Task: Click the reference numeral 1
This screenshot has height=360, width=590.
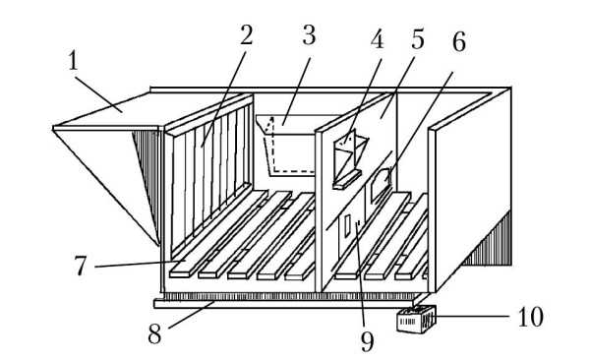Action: point(74,61)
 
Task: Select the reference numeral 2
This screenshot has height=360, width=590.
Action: point(246,35)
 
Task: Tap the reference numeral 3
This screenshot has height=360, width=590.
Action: point(309,35)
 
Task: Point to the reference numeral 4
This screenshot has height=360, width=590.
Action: point(377,39)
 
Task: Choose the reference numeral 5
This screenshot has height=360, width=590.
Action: point(417,38)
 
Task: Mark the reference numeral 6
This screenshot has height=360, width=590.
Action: point(458,41)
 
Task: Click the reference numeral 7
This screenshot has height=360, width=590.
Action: point(81,266)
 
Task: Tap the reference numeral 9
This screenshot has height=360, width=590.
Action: point(367,341)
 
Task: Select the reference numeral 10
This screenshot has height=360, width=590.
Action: point(531,317)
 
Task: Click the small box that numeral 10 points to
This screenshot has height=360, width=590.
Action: point(417,320)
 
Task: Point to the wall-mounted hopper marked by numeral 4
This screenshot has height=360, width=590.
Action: point(350,159)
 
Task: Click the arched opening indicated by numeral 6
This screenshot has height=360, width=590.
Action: point(381,184)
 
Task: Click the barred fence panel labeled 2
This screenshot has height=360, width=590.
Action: point(209,173)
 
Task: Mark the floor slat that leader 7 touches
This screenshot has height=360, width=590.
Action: point(218,234)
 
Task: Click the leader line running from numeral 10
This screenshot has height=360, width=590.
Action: point(474,317)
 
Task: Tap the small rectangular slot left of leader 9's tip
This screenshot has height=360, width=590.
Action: point(348,226)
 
